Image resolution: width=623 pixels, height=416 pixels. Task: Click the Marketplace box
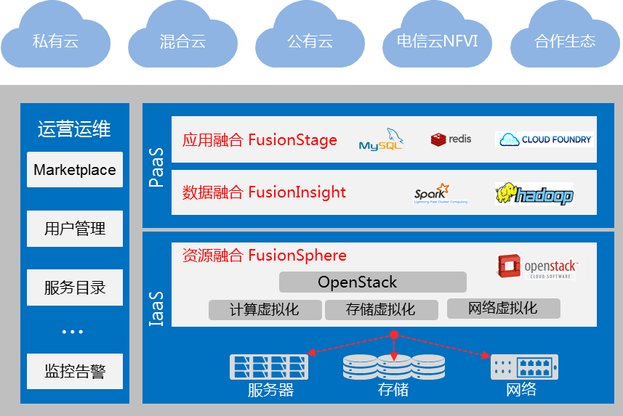[x=75, y=170]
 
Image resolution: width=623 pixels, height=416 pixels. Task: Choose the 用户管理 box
[x=75, y=229]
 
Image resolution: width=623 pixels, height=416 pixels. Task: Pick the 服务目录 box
[x=75, y=287]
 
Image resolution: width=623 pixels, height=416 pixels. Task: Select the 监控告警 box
[x=75, y=372]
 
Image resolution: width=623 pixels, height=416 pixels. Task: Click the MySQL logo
[x=382, y=139]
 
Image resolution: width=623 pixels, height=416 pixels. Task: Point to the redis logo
[x=451, y=139]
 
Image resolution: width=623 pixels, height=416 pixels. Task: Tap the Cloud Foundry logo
[x=544, y=139]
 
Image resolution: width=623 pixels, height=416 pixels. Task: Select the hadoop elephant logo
[x=534, y=194]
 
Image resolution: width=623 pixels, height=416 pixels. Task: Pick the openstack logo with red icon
[x=537, y=266]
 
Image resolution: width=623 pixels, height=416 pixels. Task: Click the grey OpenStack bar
[x=373, y=282]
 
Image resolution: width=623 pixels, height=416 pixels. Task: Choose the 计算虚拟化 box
[x=264, y=309]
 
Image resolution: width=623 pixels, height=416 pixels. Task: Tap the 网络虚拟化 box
[x=503, y=308]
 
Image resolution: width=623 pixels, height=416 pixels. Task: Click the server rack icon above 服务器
[x=268, y=366]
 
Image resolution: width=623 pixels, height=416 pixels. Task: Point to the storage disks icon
[x=393, y=367]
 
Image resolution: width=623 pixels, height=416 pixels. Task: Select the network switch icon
[x=524, y=366]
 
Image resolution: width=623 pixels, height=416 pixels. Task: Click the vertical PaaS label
[x=156, y=166]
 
